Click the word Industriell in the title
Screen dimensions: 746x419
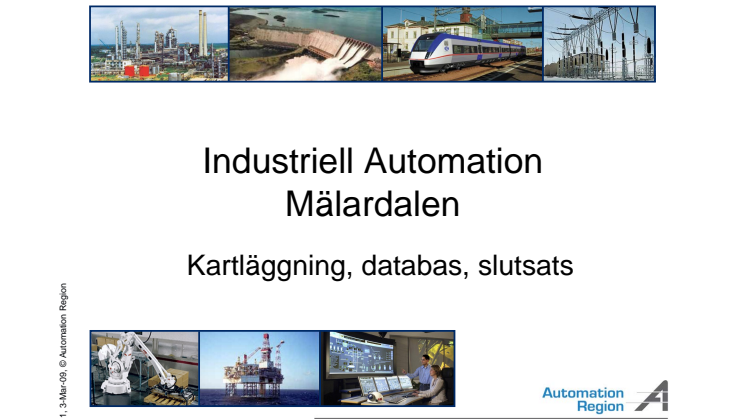point(278,161)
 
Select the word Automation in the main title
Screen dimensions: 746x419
point(453,161)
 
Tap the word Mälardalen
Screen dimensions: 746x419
point(373,205)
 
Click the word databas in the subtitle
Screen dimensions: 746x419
point(412,265)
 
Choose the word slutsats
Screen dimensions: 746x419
point(525,265)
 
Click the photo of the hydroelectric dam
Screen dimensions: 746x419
point(305,44)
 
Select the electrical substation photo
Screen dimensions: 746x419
point(599,44)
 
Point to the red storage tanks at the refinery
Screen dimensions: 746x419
point(137,71)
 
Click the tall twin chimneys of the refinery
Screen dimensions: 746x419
point(203,33)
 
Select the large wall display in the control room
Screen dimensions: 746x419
point(362,353)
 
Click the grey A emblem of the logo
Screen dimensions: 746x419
point(653,396)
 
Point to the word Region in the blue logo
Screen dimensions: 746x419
point(600,407)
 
